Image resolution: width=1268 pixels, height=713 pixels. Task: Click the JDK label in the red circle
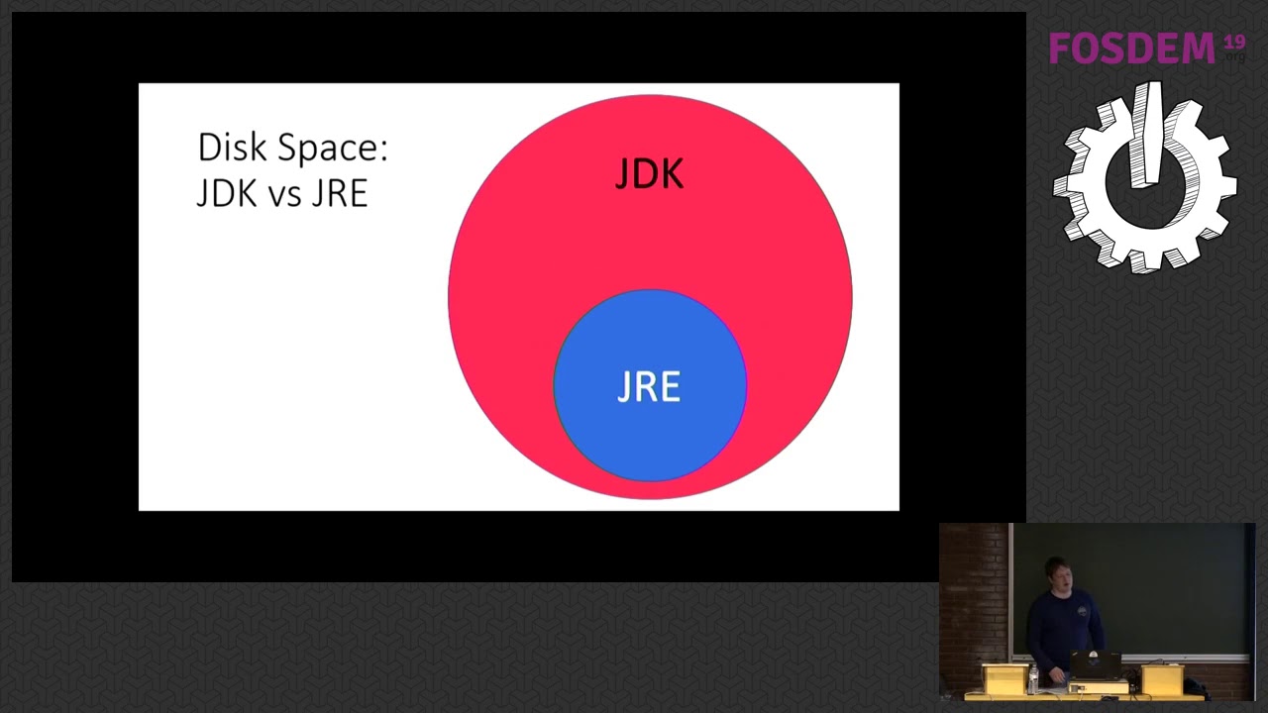coord(649,175)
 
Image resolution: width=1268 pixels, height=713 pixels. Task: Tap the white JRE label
coord(649,386)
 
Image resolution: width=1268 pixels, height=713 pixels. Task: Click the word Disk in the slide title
coord(232,149)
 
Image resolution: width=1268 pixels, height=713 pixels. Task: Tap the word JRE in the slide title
coord(340,193)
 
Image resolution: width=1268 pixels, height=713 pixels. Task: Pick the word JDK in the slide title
coord(227,193)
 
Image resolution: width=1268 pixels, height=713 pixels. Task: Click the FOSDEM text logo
coord(1131,49)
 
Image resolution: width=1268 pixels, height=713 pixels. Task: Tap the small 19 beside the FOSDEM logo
coord(1233,43)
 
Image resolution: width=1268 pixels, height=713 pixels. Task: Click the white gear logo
coord(1144,178)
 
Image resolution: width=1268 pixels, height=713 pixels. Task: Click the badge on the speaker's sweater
coord(1082,611)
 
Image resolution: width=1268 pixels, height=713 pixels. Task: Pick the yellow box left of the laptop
coord(1004,678)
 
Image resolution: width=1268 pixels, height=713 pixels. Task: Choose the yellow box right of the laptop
coord(1162,679)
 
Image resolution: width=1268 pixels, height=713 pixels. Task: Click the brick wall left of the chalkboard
coord(973,594)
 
